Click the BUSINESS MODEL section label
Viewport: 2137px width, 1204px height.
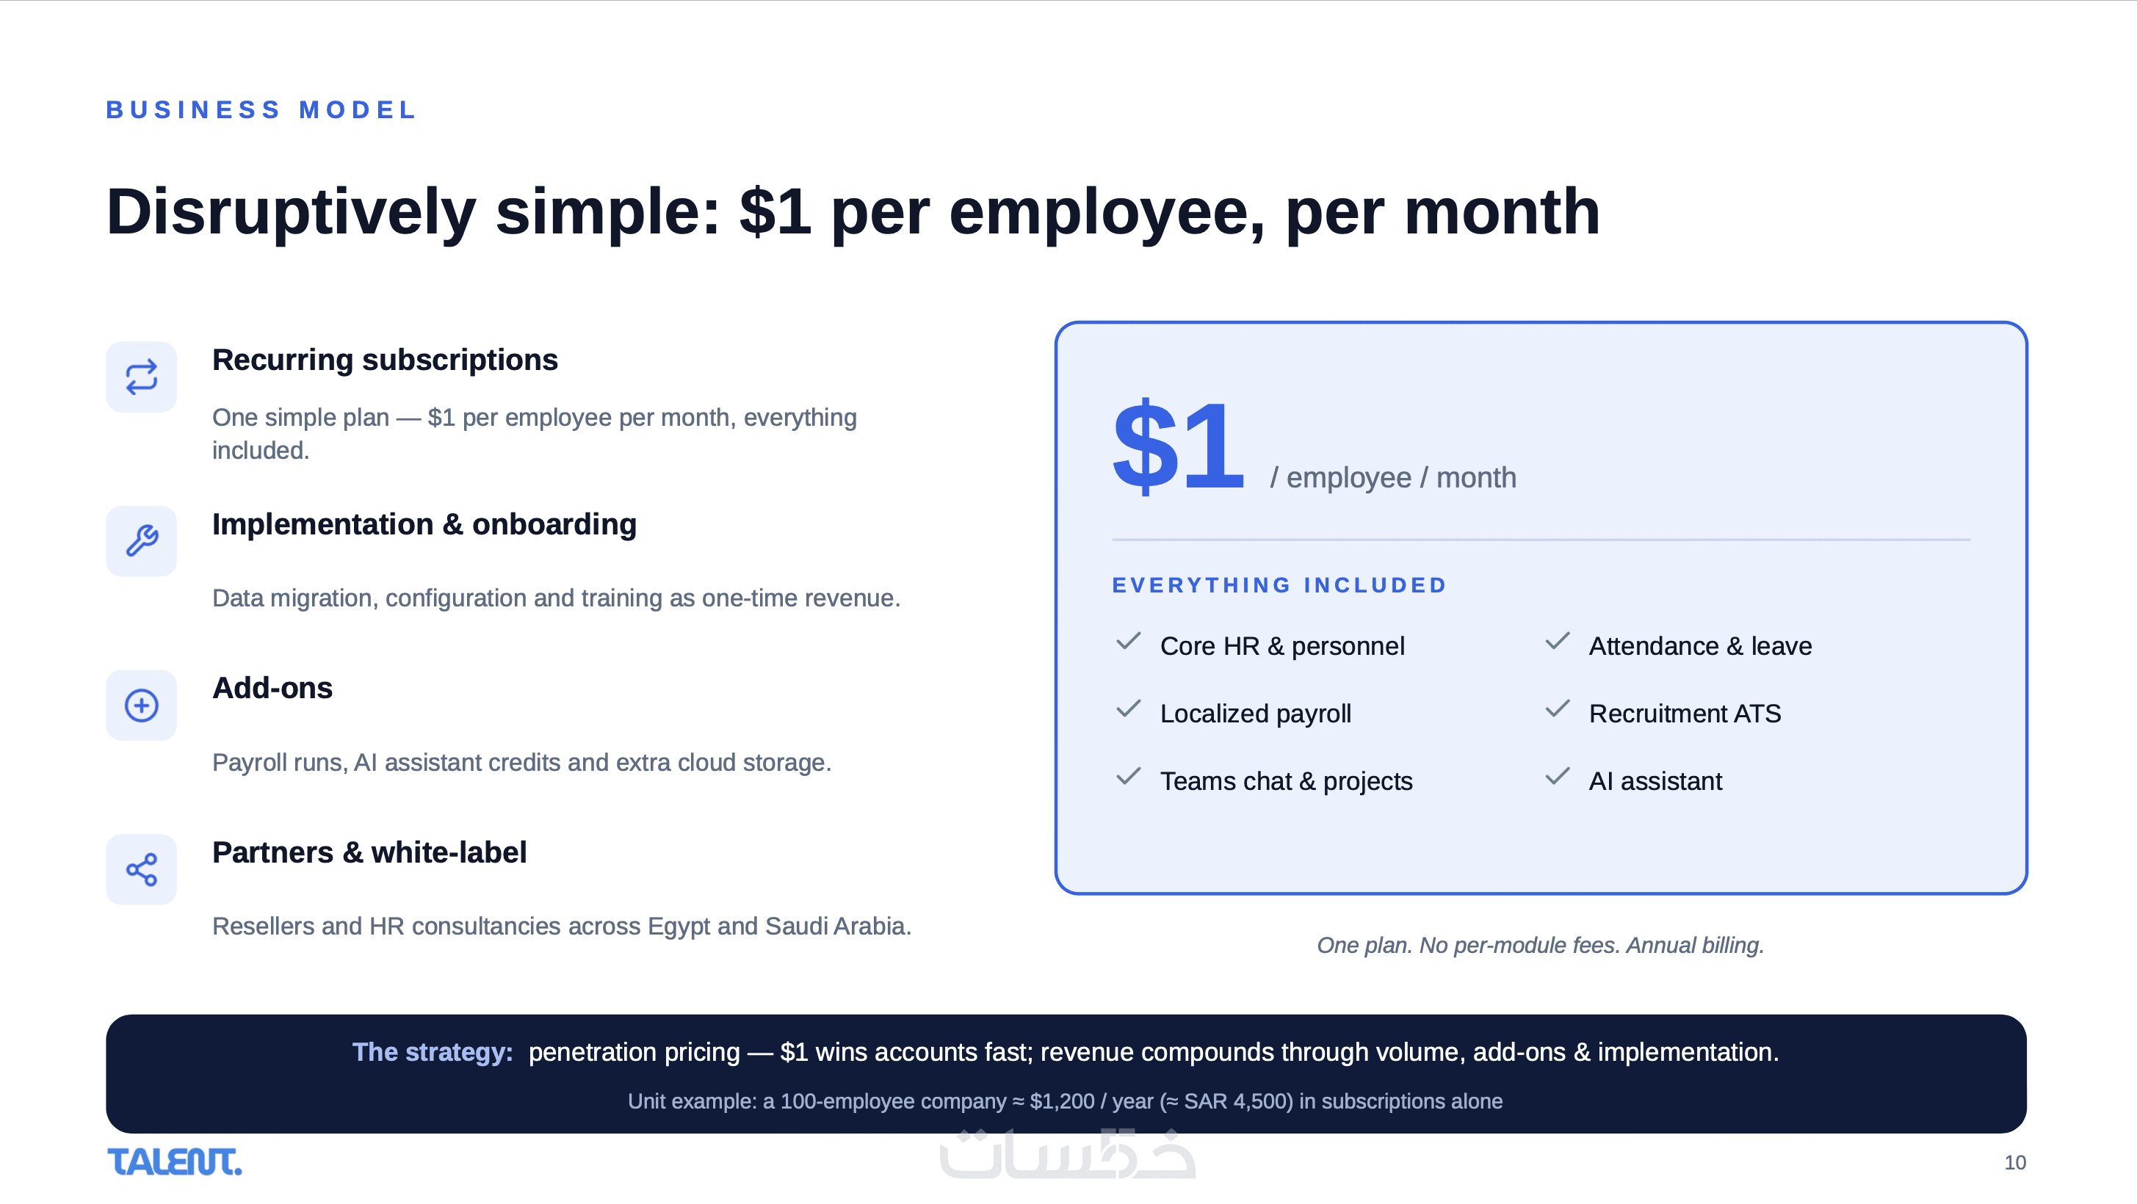point(261,109)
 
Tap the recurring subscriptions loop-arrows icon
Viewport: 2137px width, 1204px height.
point(141,377)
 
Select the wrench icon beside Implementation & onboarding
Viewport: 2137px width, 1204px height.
point(141,540)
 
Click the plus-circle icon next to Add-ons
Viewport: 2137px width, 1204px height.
point(141,705)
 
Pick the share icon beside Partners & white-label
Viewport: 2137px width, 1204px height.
point(141,869)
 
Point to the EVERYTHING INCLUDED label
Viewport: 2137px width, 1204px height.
point(1279,585)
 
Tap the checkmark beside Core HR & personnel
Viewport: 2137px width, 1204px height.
point(1128,641)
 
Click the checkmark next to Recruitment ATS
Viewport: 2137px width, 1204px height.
point(1557,708)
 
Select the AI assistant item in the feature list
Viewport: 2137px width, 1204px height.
point(1655,781)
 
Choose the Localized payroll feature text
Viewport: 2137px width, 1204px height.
point(1255,714)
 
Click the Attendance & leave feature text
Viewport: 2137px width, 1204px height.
point(1700,646)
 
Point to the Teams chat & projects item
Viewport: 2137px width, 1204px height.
point(1286,781)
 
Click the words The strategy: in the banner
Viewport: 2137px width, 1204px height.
point(433,1051)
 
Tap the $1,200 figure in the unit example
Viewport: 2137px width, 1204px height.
point(1062,1101)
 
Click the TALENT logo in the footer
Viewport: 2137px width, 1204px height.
point(174,1161)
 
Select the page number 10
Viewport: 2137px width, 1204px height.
point(2014,1163)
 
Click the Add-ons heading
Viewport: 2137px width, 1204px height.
point(272,688)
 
